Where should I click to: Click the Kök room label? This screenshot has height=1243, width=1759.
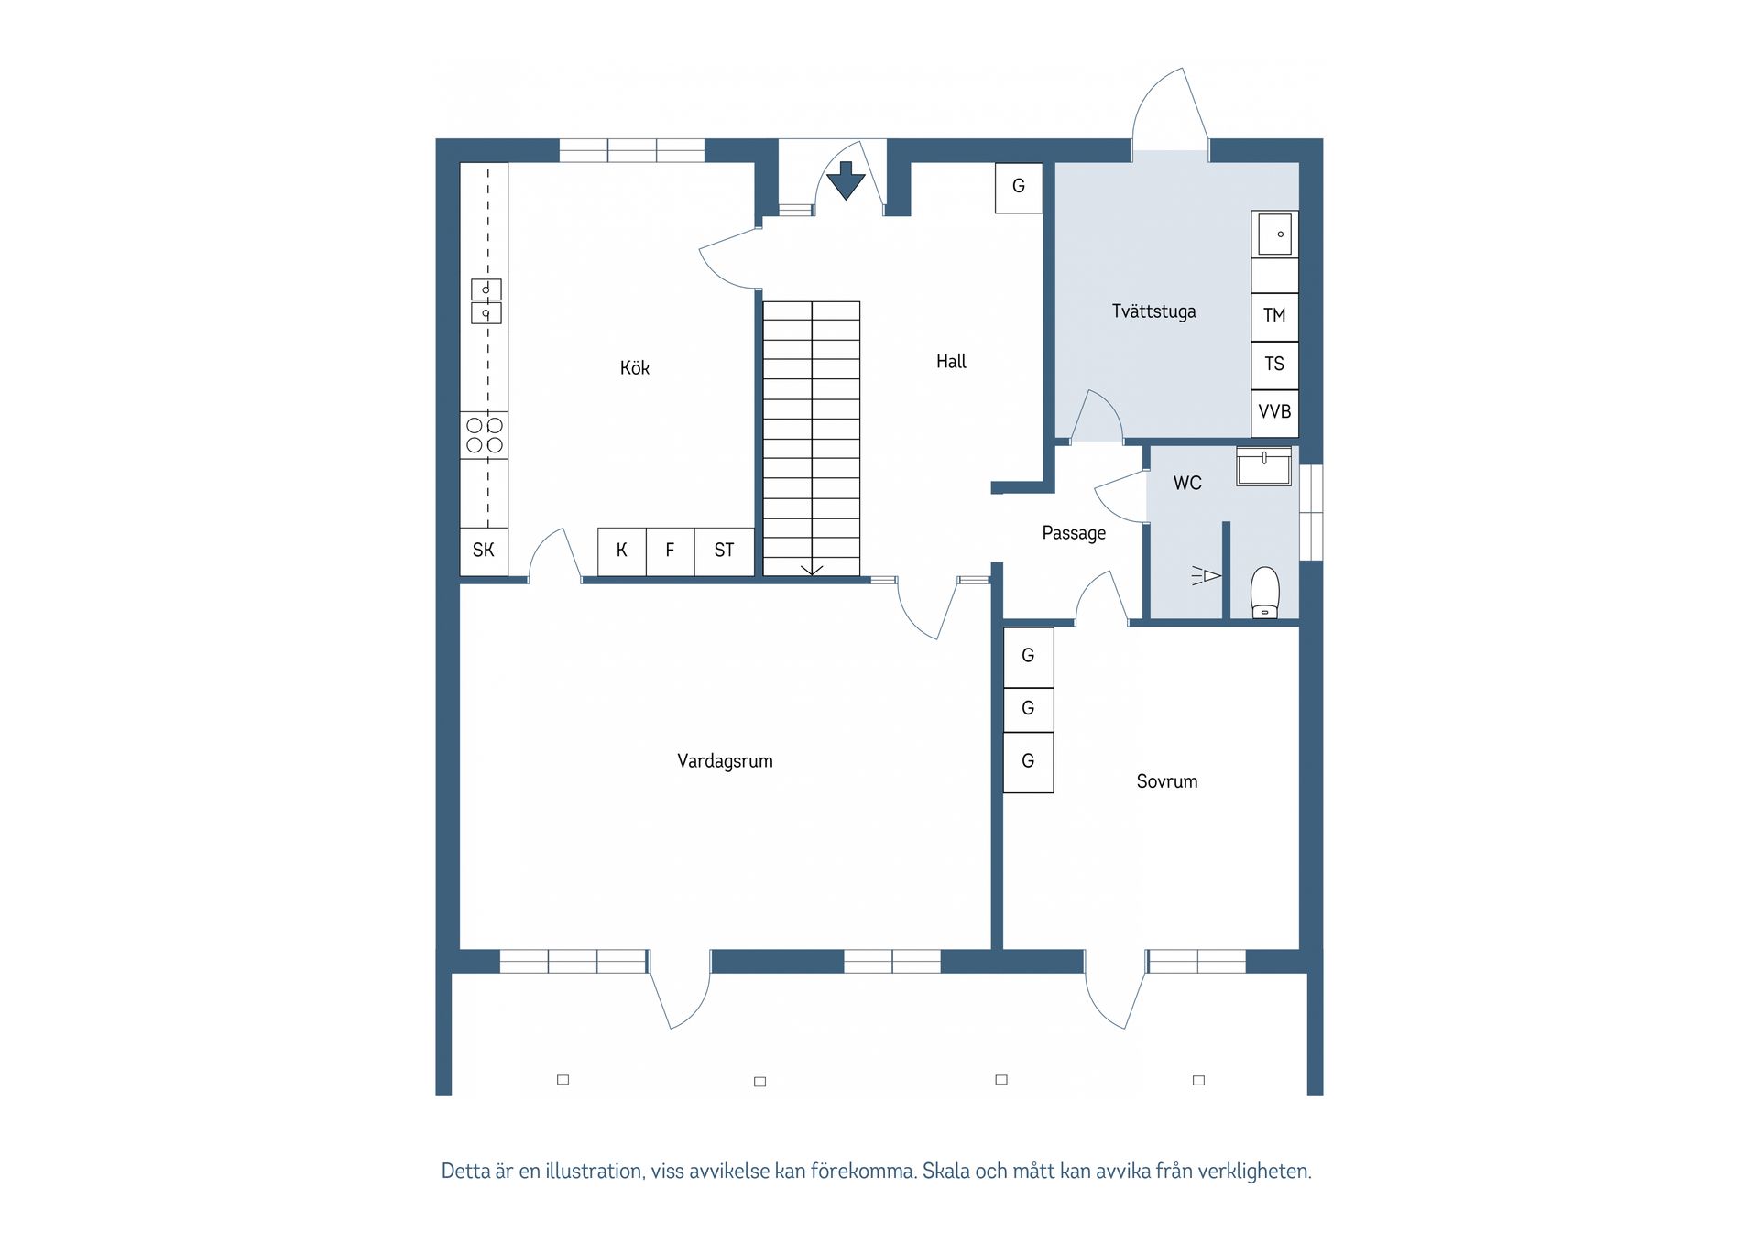point(634,367)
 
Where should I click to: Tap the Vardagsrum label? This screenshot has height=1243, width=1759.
point(725,761)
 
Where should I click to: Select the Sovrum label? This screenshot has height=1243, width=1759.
point(1166,781)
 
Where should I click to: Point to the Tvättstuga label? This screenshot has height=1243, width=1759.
point(1153,311)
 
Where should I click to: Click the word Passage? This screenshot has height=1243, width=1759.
point(1074,533)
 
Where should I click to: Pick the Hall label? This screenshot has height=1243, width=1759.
point(951,362)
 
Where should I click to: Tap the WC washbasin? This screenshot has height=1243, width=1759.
point(1263,466)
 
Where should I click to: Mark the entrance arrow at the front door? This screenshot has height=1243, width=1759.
point(846,180)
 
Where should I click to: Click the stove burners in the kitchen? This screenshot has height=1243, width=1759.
point(484,435)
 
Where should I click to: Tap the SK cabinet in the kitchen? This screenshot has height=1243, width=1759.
point(484,551)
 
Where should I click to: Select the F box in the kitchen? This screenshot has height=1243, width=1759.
point(670,551)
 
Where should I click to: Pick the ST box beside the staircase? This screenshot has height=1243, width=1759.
point(724,551)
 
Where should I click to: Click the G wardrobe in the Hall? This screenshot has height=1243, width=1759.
point(1019,188)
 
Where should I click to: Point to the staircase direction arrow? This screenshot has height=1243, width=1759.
point(812,570)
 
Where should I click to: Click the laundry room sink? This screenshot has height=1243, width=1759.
point(1274,234)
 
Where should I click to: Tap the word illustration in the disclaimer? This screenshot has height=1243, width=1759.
point(594,1172)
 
